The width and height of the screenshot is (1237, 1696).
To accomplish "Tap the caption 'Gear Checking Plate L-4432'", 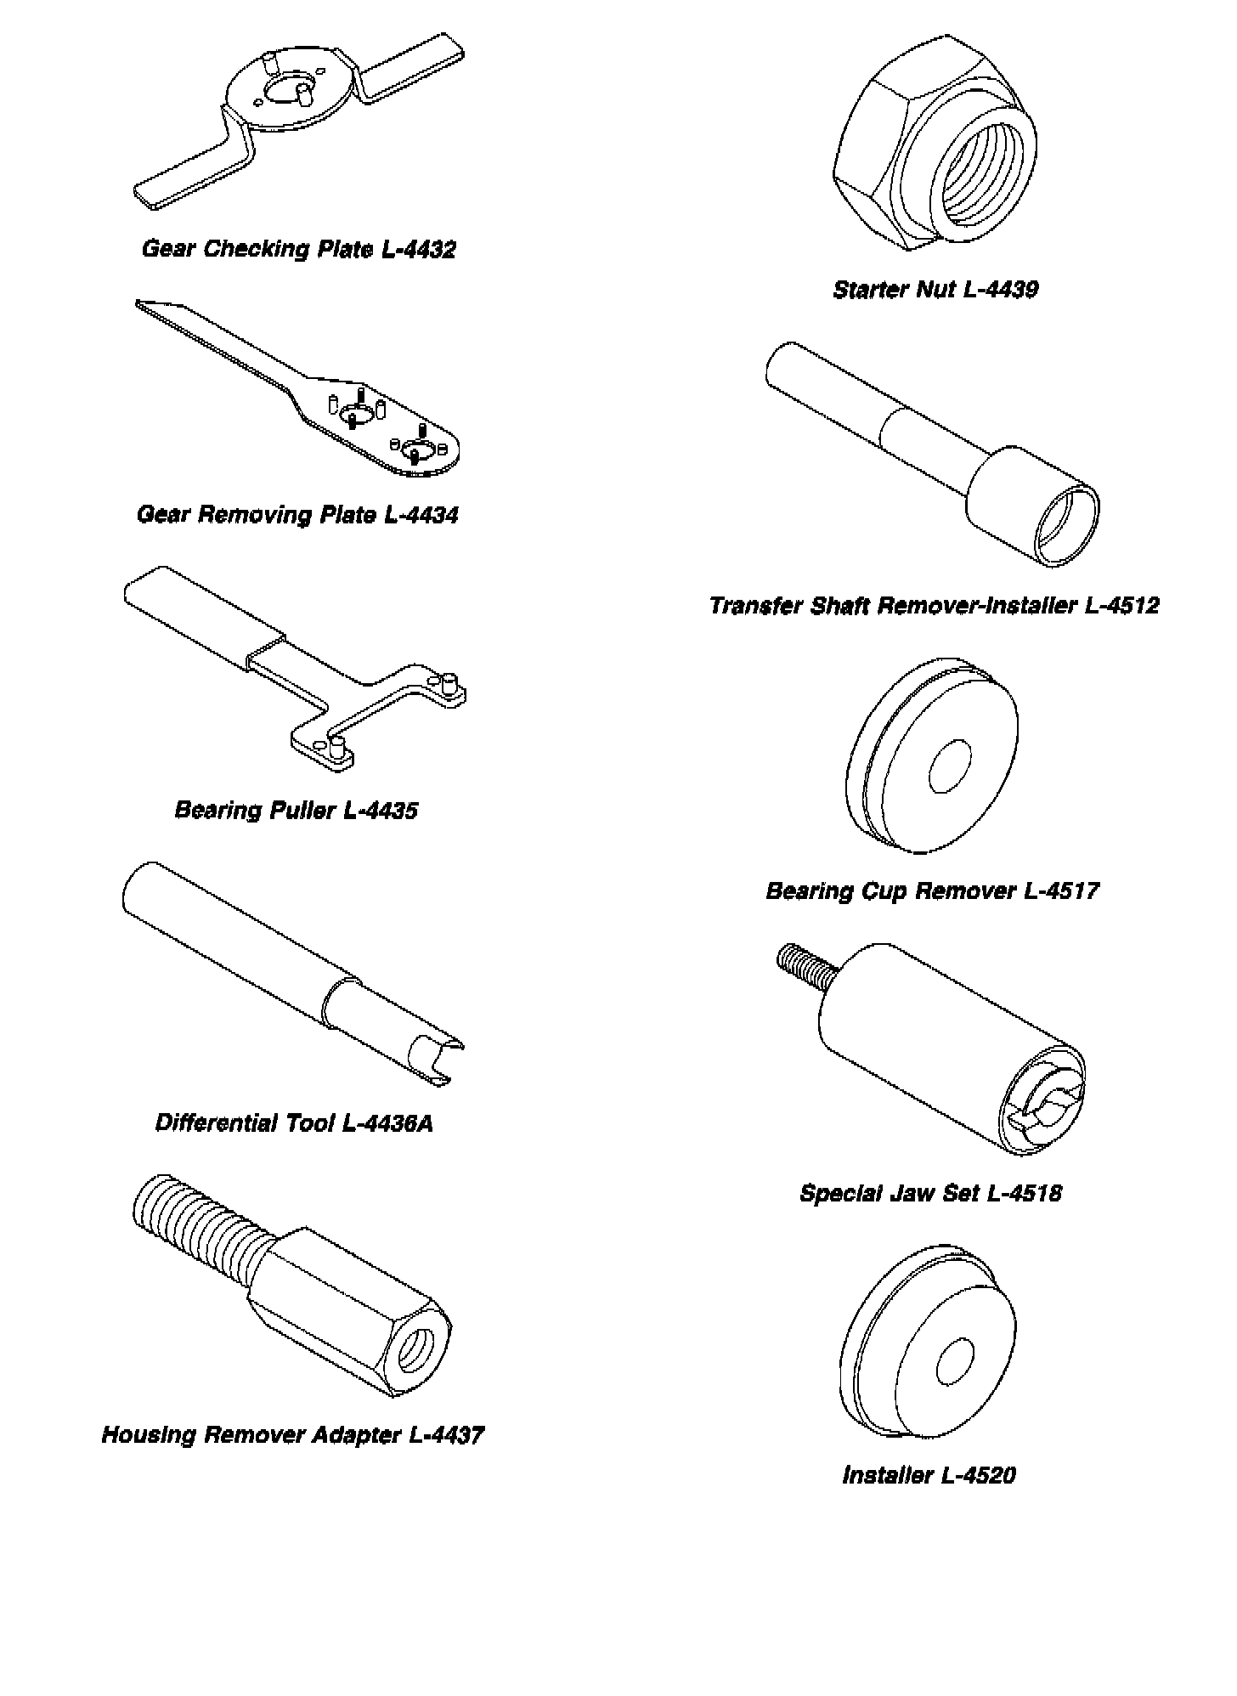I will coord(299,249).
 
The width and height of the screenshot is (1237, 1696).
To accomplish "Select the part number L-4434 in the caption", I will coord(421,515).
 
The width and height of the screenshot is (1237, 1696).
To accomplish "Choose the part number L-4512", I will coord(1121,605).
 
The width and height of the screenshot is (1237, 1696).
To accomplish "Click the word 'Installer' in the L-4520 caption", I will coord(887,1474).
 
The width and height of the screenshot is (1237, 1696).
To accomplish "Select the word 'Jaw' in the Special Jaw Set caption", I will coord(912,1193).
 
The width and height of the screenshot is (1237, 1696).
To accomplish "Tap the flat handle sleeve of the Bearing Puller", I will coord(204,620).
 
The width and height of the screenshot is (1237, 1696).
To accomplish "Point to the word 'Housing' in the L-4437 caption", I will coord(149,1435).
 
